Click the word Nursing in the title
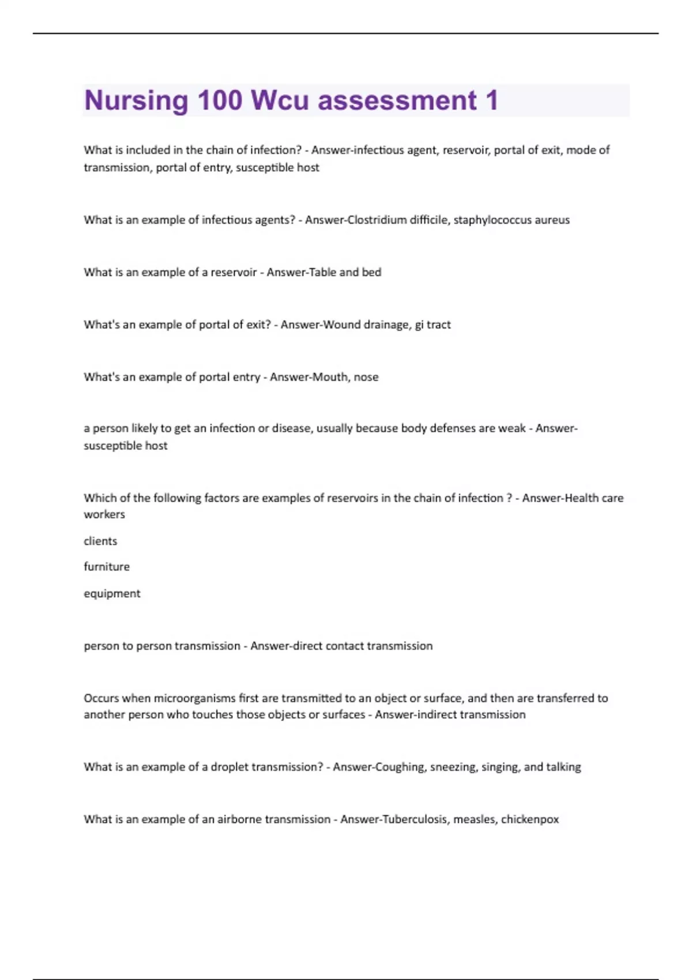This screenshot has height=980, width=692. (136, 101)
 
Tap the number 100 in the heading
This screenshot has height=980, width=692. (220, 100)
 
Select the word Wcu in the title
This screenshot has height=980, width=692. (280, 101)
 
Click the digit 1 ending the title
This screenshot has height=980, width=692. (491, 100)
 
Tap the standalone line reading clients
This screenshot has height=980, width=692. (100, 541)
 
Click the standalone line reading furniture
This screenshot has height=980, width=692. (107, 567)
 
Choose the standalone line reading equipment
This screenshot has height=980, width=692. (112, 593)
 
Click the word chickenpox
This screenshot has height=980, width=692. (530, 819)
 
